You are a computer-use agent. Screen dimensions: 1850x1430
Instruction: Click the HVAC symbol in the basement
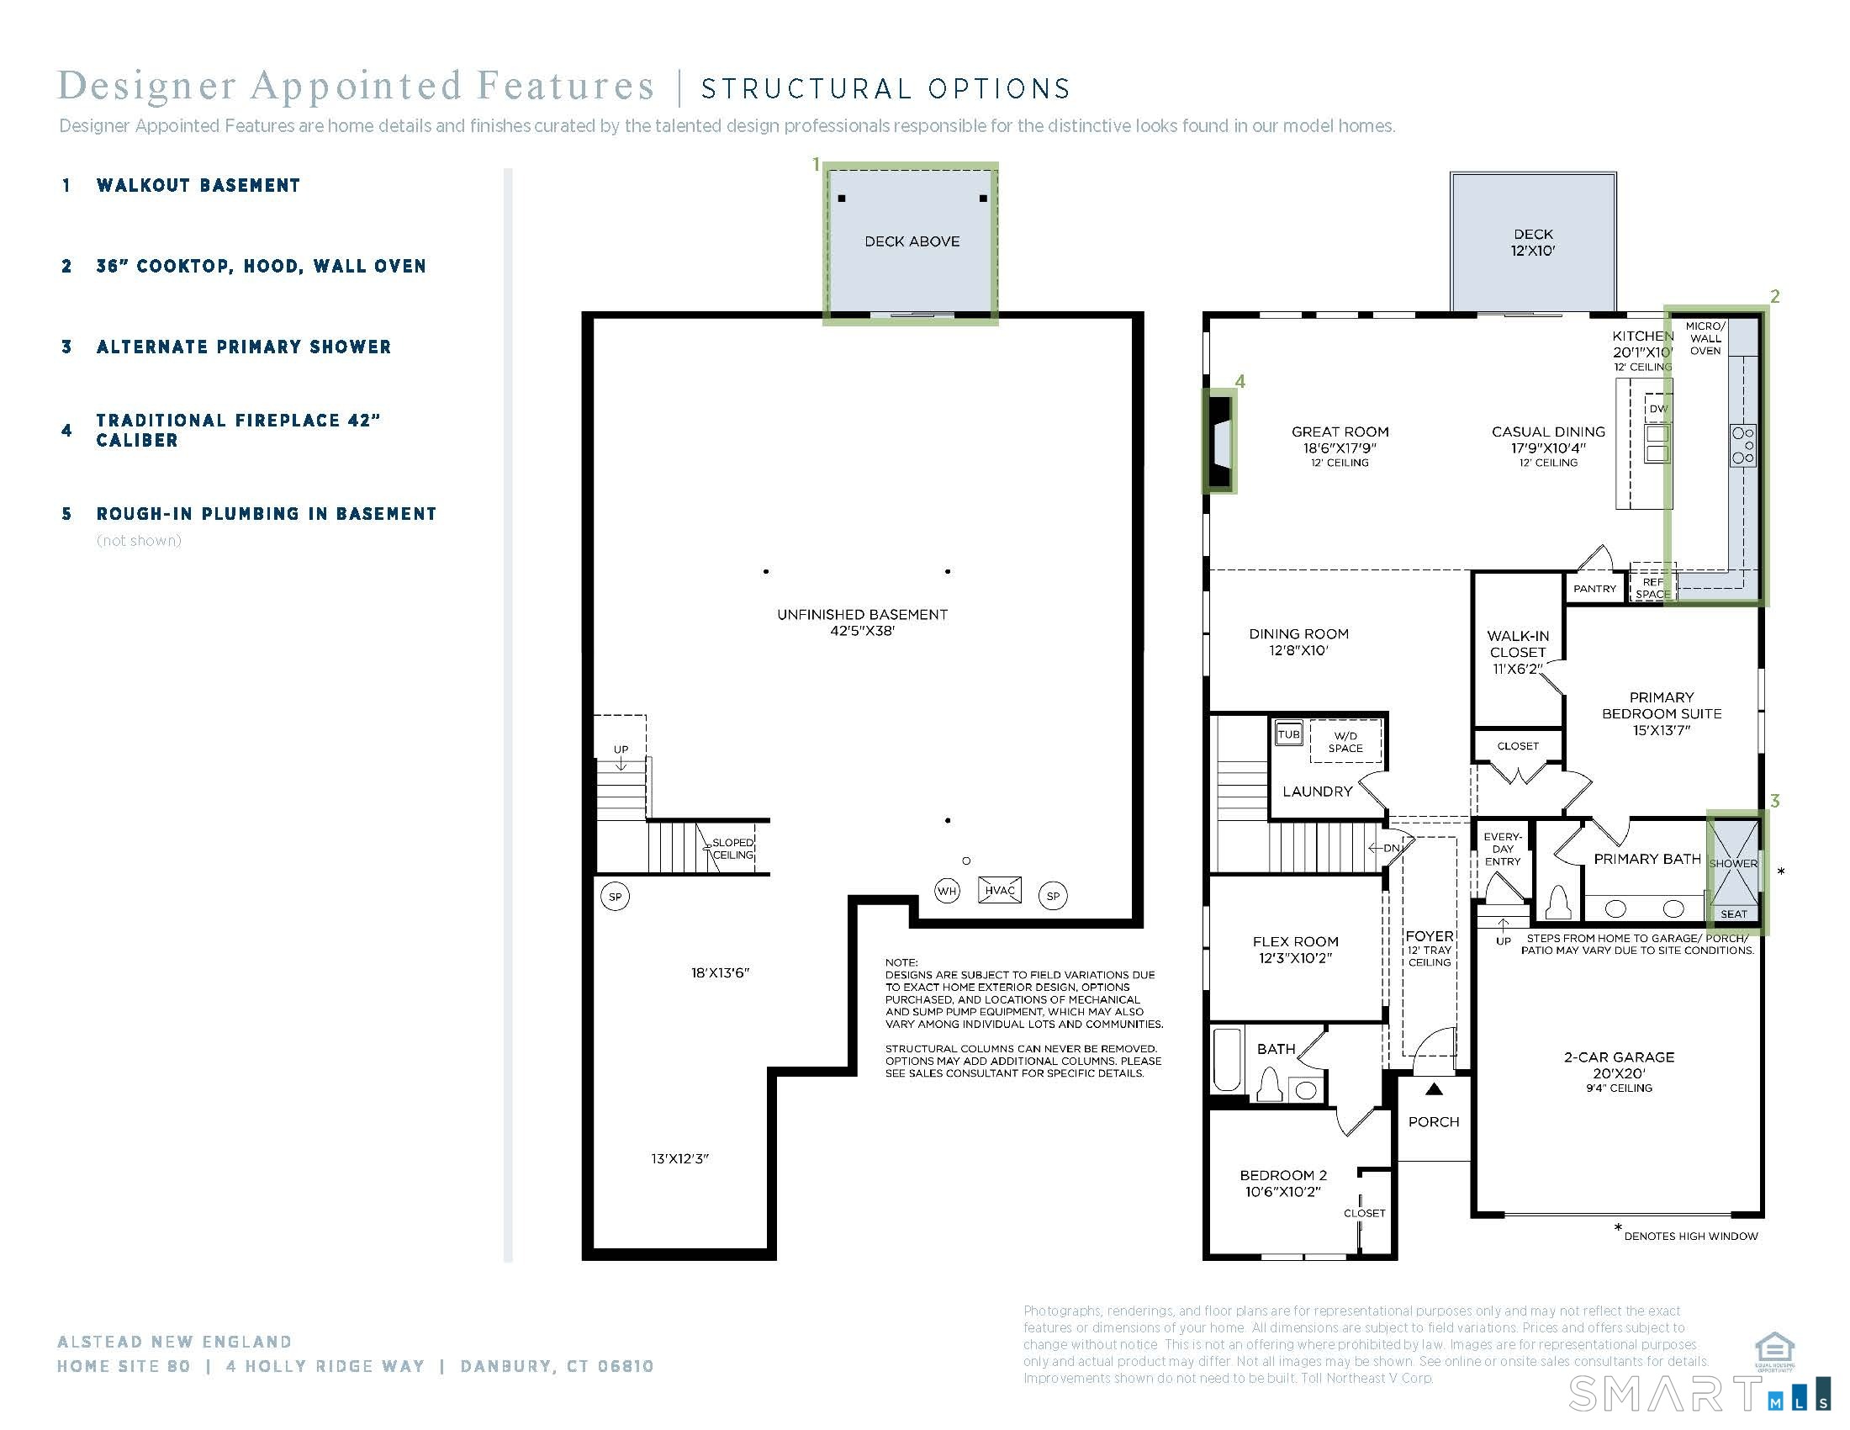click(x=1000, y=890)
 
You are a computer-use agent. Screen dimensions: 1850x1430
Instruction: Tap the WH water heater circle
click(x=947, y=891)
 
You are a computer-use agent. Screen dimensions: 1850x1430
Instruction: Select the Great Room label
click(x=1340, y=432)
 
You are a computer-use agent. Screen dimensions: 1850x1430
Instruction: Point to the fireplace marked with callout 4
click(x=1220, y=441)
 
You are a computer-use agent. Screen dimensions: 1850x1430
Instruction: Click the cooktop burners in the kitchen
click(x=1743, y=446)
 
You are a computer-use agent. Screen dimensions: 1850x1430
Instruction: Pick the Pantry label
click(x=1595, y=589)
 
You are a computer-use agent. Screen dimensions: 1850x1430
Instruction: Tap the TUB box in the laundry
click(x=1289, y=734)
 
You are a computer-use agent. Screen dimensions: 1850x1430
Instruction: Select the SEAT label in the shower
click(x=1733, y=914)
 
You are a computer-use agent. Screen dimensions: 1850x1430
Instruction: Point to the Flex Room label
click(x=1296, y=942)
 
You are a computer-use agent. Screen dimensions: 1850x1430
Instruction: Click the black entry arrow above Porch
click(x=1433, y=1089)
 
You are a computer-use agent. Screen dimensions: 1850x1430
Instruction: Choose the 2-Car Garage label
click(x=1619, y=1057)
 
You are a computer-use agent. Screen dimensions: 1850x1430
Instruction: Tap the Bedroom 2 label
click(x=1283, y=1176)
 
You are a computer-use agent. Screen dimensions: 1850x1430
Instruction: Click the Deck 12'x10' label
click(x=1533, y=242)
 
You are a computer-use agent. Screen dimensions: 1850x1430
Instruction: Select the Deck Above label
click(x=912, y=241)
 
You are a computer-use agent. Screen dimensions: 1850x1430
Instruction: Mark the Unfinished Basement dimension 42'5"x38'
click(x=862, y=631)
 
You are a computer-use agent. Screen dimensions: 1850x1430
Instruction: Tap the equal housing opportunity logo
click(x=1773, y=1351)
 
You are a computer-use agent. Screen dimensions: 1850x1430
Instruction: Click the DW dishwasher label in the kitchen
click(x=1658, y=408)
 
